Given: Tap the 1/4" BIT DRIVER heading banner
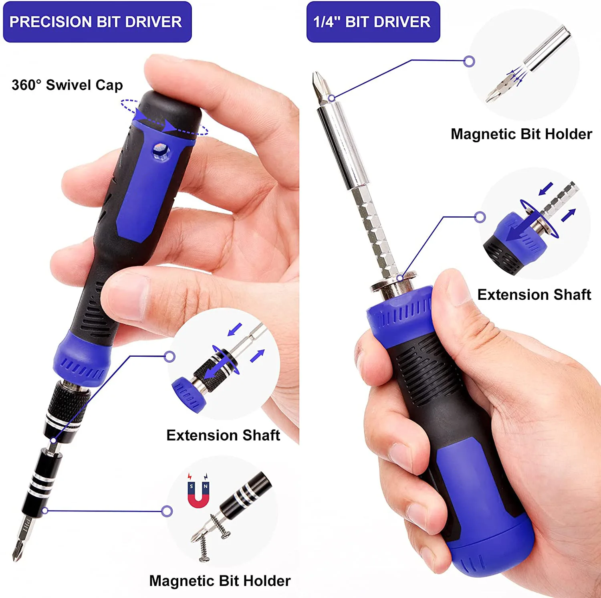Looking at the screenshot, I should (x=373, y=22).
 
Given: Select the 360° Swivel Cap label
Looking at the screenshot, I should (x=67, y=85).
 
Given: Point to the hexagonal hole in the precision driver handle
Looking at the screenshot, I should (x=161, y=152).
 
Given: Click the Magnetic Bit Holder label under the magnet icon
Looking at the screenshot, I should (x=220, y=581).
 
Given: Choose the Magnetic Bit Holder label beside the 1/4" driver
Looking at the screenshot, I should (x=521, y=134).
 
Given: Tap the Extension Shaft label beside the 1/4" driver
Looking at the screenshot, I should (x=534, y=295).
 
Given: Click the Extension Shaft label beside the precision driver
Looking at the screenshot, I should (x=223, y=435).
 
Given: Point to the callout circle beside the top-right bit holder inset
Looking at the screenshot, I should (x=469, y=61).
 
